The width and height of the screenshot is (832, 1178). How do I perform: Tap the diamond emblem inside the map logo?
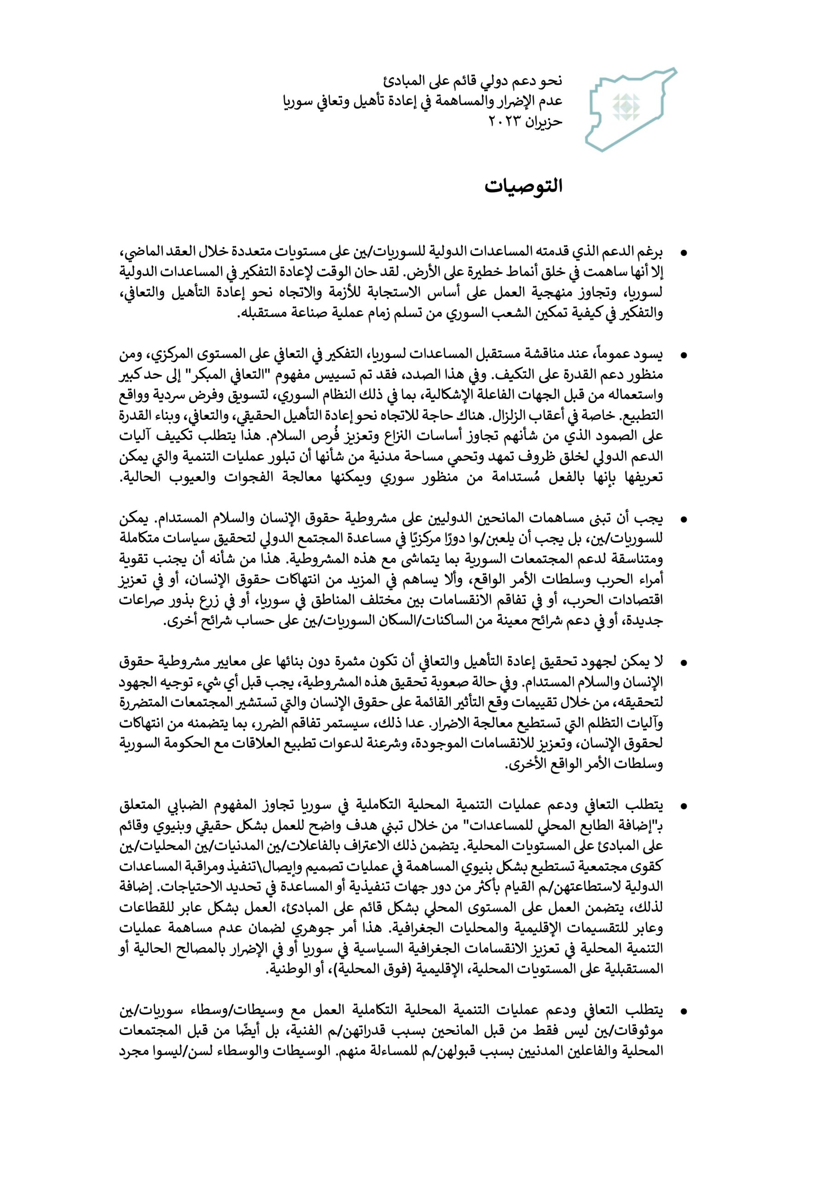tap(629, 108)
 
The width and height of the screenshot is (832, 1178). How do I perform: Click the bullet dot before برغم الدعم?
tap(683, 253)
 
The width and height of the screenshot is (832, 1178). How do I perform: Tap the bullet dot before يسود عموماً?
tap(683, 355)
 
